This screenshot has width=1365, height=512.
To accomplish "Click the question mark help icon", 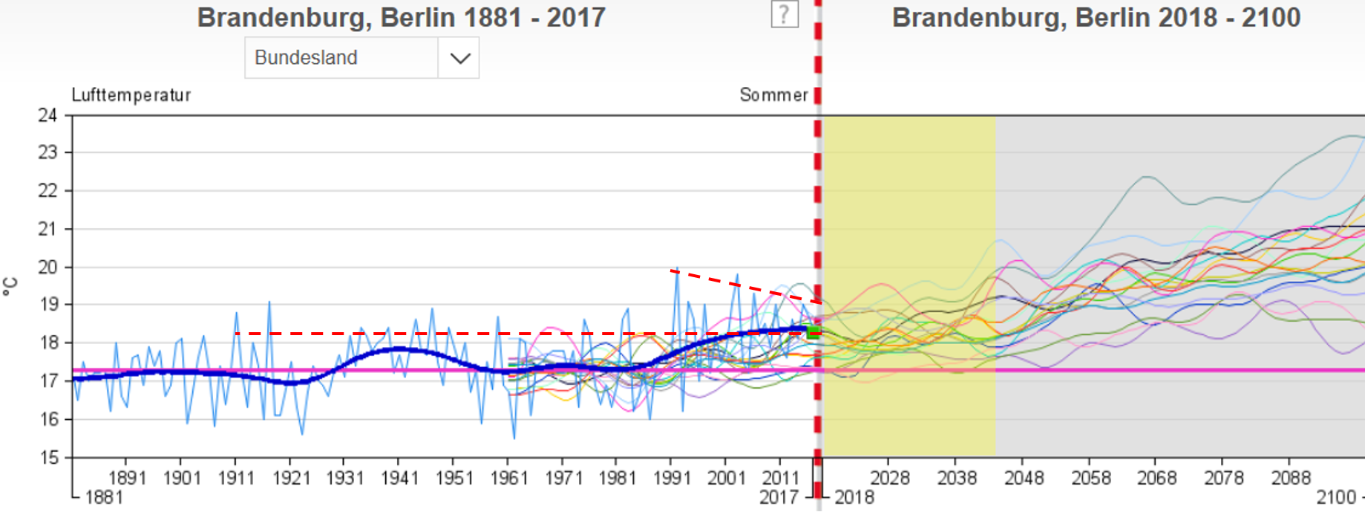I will (785, 14).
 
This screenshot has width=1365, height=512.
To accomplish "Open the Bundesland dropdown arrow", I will (459, 58).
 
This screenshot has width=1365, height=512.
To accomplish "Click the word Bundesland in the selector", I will (306, 58).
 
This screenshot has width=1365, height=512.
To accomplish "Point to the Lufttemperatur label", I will (131, 95).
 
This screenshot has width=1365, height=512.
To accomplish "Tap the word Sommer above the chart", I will (773, 95).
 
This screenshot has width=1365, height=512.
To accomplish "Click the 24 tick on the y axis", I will (48, 115).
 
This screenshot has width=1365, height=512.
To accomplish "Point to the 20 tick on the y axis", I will (48, 267).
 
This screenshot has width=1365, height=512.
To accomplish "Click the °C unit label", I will (10, 287).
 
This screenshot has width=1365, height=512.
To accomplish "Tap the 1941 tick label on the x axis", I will (400, 478).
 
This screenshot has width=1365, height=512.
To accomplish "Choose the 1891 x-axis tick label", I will (127, 478).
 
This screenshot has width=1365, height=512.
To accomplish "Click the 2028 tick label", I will (890, 478).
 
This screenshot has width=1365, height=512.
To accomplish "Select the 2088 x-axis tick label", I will (1292, 478).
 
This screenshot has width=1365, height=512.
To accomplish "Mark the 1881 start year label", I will (104, 497).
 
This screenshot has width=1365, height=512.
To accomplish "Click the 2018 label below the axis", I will (854, 497).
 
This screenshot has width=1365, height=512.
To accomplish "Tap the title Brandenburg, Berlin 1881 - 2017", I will (401, 18).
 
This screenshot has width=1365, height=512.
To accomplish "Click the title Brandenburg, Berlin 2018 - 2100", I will (1096, 18).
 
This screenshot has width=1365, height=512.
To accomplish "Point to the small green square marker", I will (814, 332).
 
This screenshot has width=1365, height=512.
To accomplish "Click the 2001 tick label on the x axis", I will (726, 478).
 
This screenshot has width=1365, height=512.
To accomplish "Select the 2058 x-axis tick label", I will (1091, 478).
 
